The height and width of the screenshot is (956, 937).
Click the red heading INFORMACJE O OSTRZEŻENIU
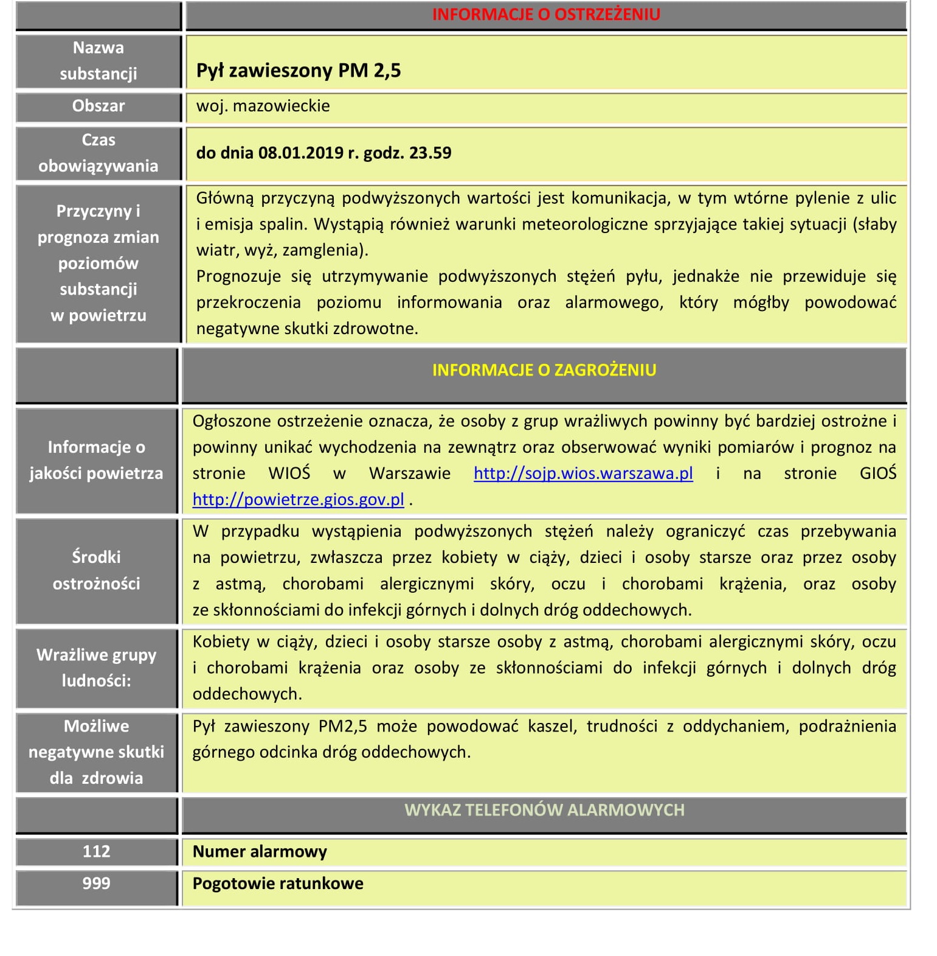(545, 15)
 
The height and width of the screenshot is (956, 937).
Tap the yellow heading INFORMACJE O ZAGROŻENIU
(544, 370)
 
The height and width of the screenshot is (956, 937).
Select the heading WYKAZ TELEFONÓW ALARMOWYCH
(544, 810)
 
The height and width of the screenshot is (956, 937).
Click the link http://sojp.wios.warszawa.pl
(583, 473)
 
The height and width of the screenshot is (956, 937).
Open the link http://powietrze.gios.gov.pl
(298, 500)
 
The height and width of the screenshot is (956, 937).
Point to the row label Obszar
(99, 106)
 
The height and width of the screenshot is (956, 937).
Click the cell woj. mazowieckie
(263, 106)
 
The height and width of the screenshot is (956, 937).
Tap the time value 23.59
(430, 153)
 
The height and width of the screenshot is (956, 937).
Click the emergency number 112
(96, 851)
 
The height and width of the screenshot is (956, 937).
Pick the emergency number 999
(96, 884)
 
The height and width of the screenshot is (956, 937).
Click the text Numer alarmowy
(260, 851)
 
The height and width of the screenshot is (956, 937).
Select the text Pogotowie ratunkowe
(278, 884)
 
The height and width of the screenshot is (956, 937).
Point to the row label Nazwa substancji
(99, 61)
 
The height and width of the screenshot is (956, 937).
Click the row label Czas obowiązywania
(99, 153)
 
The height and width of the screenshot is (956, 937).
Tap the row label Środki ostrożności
(96, 570)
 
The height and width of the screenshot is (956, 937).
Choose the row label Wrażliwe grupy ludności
(96, 668)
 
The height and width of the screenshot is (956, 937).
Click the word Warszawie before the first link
(410, 473)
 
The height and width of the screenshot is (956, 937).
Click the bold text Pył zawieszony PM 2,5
(299, 71)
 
